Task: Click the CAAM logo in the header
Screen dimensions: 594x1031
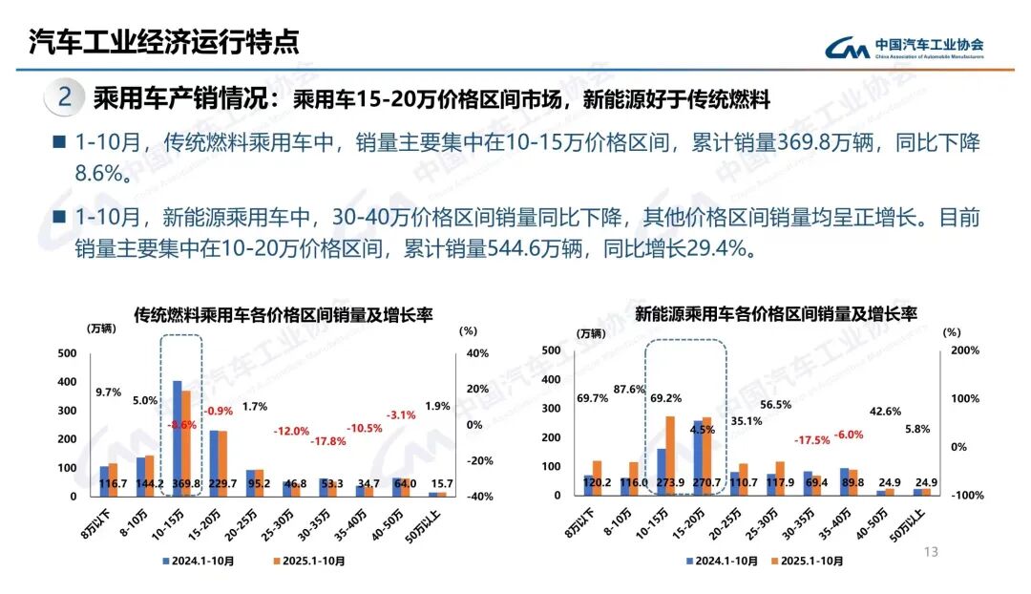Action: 848,48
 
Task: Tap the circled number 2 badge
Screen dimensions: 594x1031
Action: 65,97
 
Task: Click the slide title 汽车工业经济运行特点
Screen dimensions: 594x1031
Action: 163,42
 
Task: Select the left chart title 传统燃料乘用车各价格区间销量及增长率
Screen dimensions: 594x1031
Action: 284,313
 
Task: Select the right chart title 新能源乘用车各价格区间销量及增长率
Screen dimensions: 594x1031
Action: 775,313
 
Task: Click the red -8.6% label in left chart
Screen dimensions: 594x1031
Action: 181,424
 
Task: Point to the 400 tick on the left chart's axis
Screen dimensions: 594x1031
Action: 67,382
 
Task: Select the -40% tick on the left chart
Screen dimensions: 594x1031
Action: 475,497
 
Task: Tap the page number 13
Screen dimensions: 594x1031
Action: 932,552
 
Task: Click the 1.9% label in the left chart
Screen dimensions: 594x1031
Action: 436,406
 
